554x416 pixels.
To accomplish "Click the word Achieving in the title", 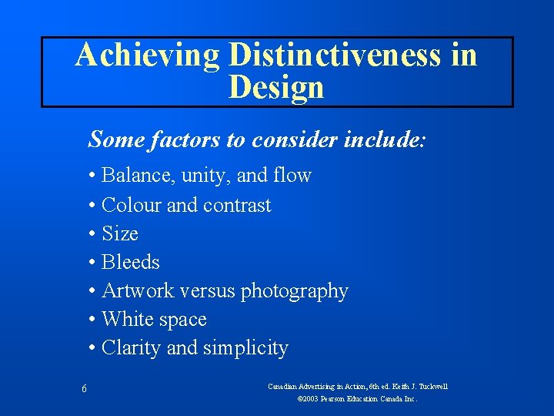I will pyautogui.click(x=147, y=56).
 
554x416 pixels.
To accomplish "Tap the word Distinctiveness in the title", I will pyautogui.click(x=335, y=56).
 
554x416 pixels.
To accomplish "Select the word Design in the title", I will pyautogui.click(x=276, y=88).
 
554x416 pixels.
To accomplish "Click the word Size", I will pyautogui.click(x=120, y=233).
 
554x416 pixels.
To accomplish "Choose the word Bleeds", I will pyautogui.click(x=130, y=262).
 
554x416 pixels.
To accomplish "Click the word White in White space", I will pyautogui.click(x=126, y=319).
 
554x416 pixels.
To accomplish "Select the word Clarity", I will pyautogui.click(x=132, y=348).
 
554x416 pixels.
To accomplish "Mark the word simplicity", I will pyautogui.click(x=245, y=349).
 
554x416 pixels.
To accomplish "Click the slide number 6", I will pyautogui.click(x=83, y=390).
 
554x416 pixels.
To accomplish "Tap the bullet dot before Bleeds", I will pyautogui.click(x=92, y=263).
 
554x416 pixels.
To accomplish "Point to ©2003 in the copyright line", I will pyautogui.click(x=309, y=400).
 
